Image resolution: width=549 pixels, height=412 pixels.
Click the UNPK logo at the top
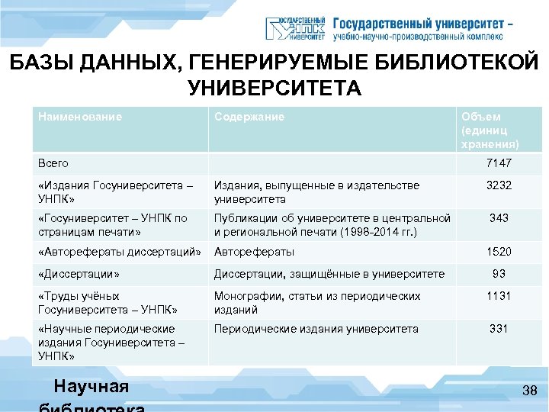[x=295, y=29]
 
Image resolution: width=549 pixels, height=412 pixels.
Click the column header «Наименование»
[x=80, y=117]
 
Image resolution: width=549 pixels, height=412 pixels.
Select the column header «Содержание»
[x=249, y=117]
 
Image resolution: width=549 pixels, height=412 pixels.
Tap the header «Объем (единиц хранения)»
[x=490, y=130]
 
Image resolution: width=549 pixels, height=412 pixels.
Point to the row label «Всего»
[x=53, y=163]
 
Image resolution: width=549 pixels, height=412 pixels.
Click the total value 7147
[x=499, y=163]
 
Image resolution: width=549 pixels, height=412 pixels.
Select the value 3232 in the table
[x=499, y=185]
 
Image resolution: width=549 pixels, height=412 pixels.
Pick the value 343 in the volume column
[x=499, y=218]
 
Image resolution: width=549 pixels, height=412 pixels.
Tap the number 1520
[x=499, y=252]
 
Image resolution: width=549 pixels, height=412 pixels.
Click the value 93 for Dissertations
[x=499, y=273]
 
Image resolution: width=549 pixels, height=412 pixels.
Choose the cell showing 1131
[x=499, y=296]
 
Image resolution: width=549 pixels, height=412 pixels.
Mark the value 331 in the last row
[x=499, y=329]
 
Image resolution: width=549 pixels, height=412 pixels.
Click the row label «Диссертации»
[x=79, y=274]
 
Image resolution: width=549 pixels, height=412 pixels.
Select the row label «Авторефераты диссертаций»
[x=120, y=252]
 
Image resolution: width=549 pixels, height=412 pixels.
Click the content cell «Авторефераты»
[x=254, y=252]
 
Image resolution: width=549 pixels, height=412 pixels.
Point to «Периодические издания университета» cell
[x=316, y=329]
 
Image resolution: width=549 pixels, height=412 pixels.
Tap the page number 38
[x=530, y=391]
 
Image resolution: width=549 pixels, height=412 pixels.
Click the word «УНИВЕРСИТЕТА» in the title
[x=274, y=89]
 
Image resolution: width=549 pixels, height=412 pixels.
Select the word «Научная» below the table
[x=91, y=387]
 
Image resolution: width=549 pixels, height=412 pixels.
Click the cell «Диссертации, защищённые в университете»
[x=329, y=274]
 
